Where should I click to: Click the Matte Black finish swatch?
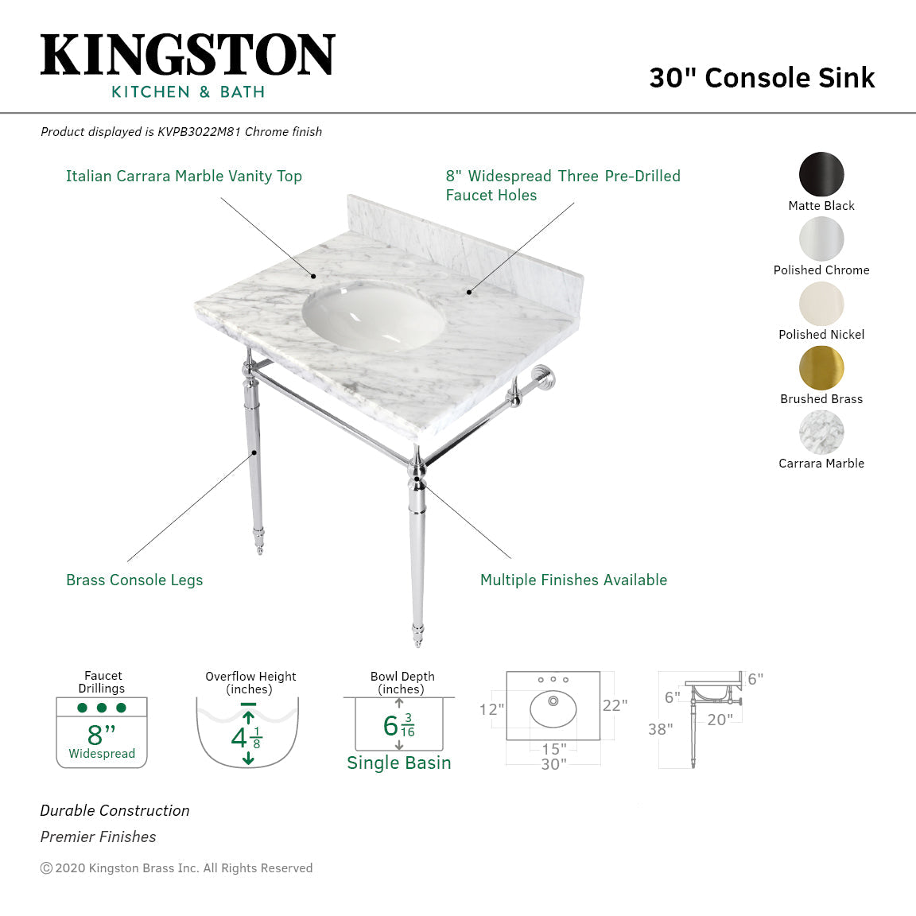(821, 174)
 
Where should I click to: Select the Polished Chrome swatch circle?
(821, 239)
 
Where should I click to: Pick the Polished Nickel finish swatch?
(821, 303)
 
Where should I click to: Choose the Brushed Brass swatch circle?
(821, 367)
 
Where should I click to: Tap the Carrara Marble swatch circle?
(821, 432)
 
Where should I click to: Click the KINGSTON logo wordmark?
(188, 56)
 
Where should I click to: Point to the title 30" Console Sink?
(761, 78)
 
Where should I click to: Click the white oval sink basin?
(373, 316)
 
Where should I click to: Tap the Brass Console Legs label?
(134, 580)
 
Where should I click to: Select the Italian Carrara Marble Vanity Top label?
(184, 177)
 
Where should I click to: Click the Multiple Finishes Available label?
(573, 580)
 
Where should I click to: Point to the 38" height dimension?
(660, 729)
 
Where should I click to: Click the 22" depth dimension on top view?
(615, 705)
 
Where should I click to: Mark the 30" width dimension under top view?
(553, 764)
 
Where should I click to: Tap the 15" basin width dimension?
(553, 749)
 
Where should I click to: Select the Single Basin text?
(398, 763)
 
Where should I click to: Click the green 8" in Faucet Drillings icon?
(101, 734)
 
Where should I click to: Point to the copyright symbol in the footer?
(46, 868)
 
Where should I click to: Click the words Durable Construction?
(115, 811)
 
